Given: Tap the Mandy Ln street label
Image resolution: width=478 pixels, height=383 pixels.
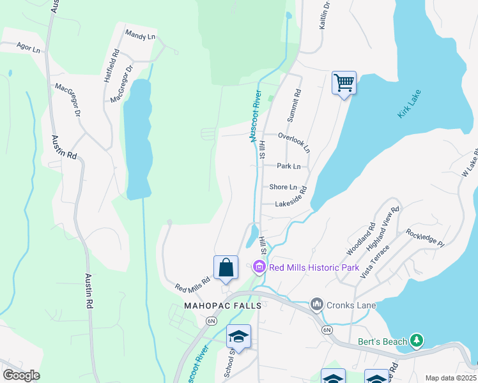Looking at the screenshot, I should coord(140,36).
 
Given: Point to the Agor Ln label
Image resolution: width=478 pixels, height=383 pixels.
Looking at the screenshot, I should coord(29,47).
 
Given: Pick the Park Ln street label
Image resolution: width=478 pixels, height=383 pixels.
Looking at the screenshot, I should coord(288,166).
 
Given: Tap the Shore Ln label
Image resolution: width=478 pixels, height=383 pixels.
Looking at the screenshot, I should coord(283,187).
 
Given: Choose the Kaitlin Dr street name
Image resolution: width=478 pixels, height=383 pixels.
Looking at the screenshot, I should coord(325,16).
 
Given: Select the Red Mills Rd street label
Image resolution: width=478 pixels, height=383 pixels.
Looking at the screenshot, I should coord(193,283).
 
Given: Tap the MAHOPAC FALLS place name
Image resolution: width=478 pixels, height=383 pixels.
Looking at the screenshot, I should coord(223,306).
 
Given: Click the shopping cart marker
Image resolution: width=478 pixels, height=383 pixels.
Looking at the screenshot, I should coord(344,83).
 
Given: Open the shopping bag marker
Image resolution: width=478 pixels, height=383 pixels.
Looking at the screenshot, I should coord(226,267).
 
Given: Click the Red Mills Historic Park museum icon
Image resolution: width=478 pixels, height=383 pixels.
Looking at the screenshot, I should coord(259,267).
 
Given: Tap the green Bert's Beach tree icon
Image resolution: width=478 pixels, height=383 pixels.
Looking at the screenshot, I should coord(417,341).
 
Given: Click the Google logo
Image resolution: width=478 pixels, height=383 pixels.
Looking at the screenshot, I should coord(20,375).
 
